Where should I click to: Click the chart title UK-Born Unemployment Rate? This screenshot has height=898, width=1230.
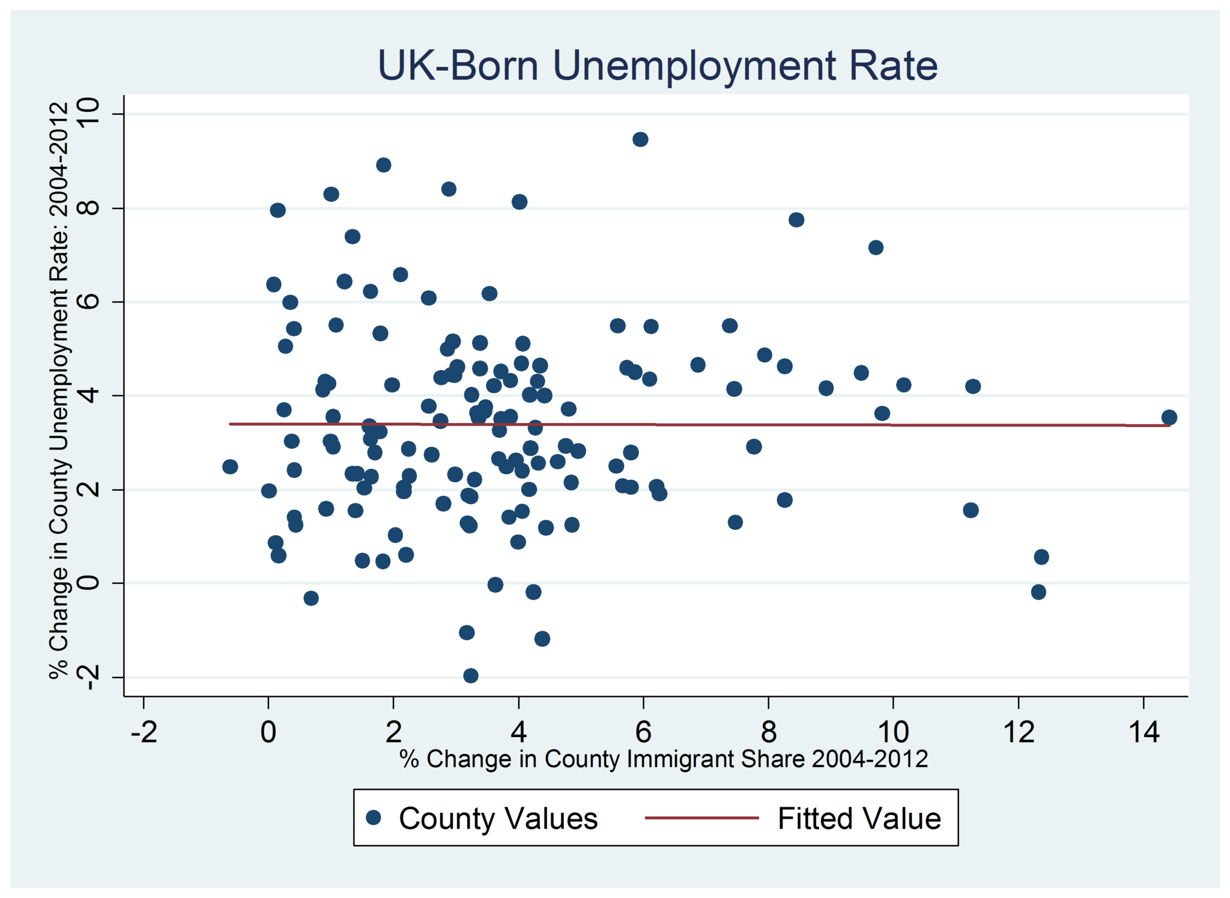tap(657, 65)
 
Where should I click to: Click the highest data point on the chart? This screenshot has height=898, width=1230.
tap(640, 139)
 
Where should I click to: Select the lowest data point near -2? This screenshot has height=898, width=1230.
tap(471, 676)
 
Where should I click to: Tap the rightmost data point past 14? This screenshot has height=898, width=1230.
tap(1169, 417)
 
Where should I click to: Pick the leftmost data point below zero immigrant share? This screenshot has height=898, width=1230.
tap(230, 467)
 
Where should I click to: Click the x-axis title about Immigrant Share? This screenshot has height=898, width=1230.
tap(663, 759)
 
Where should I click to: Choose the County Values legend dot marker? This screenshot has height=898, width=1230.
tap(374, 818)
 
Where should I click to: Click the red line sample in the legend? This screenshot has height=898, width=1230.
tap(701, 818)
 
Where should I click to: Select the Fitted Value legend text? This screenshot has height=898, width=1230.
tap(859, 819)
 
